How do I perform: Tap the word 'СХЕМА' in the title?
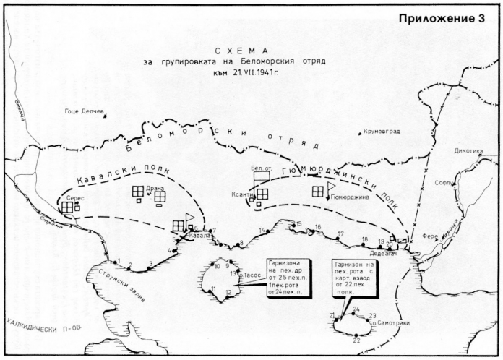pyautogui.click(x=237, y=51)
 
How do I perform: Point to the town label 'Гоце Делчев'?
pyautogui.click(x=85, y=113)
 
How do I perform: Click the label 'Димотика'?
pyautogui.click(x=468, y=151)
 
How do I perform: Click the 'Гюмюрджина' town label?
pyautogui.click(x=350, y=197)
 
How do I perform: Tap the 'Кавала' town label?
pyautogui.click(x=199, y=236)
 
